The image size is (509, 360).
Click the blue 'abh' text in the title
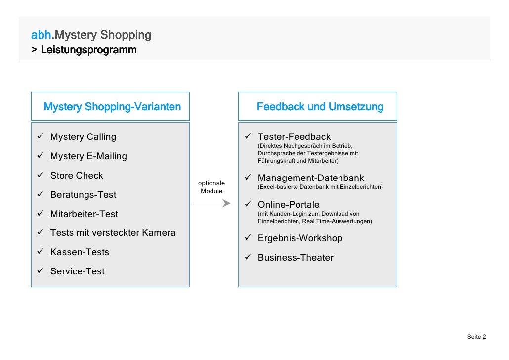pyautogui.click(x=41, y=35)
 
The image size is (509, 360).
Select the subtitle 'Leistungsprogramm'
pyautogui.click(x=88, y=50)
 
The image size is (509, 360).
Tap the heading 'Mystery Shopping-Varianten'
pyautogui.click(x=112, y=107)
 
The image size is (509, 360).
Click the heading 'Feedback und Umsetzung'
pyautogui.click(x=320, y=107)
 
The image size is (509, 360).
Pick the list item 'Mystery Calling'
pyautogui.click(x=83, y=137)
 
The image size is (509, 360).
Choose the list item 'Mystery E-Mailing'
pyautogui.click(x=88, y=156)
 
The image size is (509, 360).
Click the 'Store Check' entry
pyautogui.click(x=77, y=176)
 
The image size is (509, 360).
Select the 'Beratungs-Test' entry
pyautogui.click(x=83, y=195)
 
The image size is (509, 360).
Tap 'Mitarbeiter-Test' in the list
pyautogui.click(x=84, y=214)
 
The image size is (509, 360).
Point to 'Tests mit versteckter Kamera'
pyautogui.click(x=113, y=233)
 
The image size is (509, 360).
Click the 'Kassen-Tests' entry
pyautogui.click(x=80, y=252)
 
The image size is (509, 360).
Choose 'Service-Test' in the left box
pyautogui.click(x=78, y=271)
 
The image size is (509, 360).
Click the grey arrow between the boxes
pyautogui.click(x=212, y=203)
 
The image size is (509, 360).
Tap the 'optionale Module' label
pyautogui.click(x=212, y=187)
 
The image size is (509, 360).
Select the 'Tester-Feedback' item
pyautogui.click(x=294, y=137)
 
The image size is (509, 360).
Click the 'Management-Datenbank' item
pyautogui.click(x=311, y=178)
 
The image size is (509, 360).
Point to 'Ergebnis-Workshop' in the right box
pyautogui.click(x=300, y=238)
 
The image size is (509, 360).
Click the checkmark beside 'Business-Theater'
pyautogui.click(x=249, y=257)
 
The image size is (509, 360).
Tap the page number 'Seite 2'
pyautogui.click(x=476, y=337)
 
